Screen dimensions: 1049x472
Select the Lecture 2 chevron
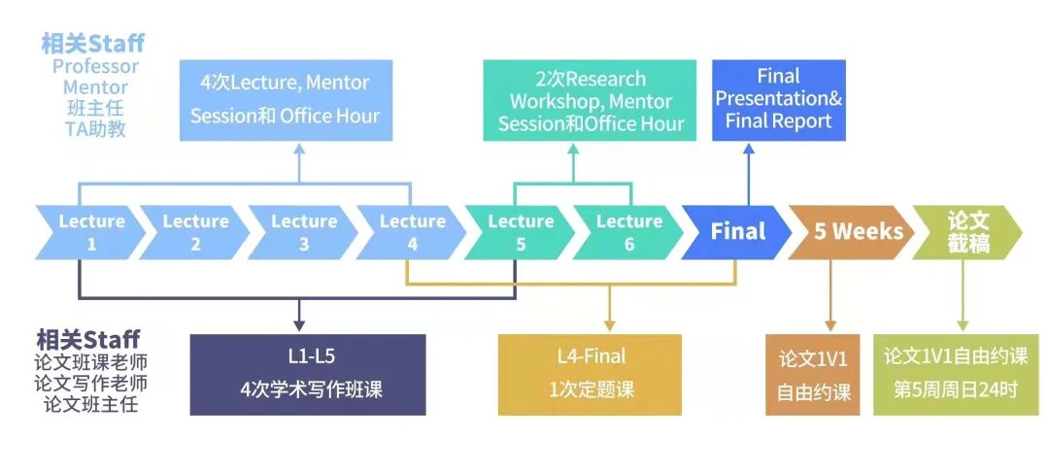(x=195, y=232)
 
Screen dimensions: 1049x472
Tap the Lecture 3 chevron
(x=303, y=232)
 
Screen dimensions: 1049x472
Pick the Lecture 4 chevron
(x=412, y=232)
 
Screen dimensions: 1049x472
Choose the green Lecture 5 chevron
(x=521, y=232)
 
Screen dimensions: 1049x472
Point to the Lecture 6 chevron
(x=628, y=232)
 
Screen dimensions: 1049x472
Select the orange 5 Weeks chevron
(x=844, y=232)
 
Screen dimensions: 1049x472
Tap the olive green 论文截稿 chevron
(x=967, y=232)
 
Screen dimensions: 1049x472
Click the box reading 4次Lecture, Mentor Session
(x=285, y=100)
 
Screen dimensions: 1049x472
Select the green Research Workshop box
(x=591, y=101)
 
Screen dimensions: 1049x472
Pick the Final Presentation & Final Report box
(x=778, y=99)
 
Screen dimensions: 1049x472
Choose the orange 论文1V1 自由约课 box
(x=813, y=375)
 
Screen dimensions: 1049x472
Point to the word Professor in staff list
(x=95, y=67)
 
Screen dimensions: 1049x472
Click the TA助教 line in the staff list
(x=95, y=128)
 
